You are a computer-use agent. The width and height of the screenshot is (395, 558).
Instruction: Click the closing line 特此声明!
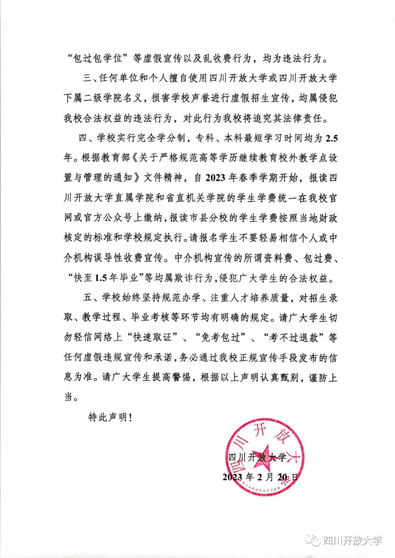tap(110, 417)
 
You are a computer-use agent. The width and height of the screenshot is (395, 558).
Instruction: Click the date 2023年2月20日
tap(260, 477)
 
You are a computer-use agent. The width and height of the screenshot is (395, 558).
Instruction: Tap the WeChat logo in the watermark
tap(313, 540)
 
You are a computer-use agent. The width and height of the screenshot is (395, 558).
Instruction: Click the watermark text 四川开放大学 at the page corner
tap(353, 540)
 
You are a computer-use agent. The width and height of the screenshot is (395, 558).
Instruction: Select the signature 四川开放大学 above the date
tap(257, 457)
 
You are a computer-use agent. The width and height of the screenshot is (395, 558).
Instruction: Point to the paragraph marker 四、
tap(87, 139)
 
